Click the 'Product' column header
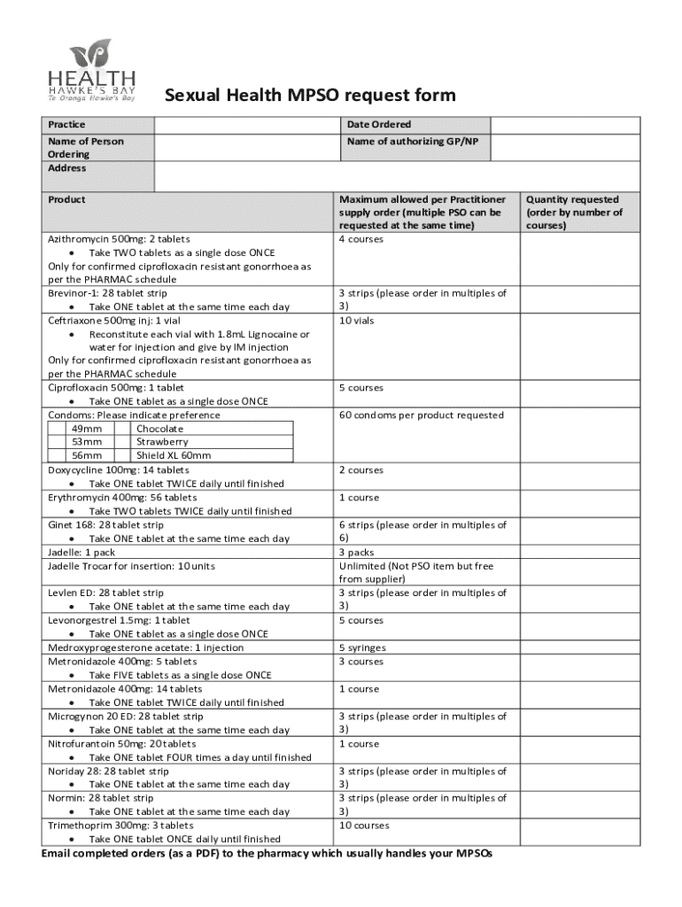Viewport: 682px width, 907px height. [x=66, y=199]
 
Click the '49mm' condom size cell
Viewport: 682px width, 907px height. [x=87, y=429]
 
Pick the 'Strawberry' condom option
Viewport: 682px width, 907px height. [x=162, y=442]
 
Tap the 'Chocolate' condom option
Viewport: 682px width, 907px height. [x=159, y=429]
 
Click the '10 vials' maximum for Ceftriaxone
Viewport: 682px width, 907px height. [x=356, y=321]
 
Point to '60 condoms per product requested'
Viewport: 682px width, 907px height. [x=421, y=415]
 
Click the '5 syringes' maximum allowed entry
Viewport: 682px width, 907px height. [x=362, y=648]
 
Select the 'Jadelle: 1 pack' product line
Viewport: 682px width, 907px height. [x=81, y=552]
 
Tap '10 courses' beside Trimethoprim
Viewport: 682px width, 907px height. [x=363, y=826]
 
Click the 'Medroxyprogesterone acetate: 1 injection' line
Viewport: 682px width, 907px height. [x=145, y=648]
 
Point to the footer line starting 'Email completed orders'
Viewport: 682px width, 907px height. [x=267, y=853]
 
